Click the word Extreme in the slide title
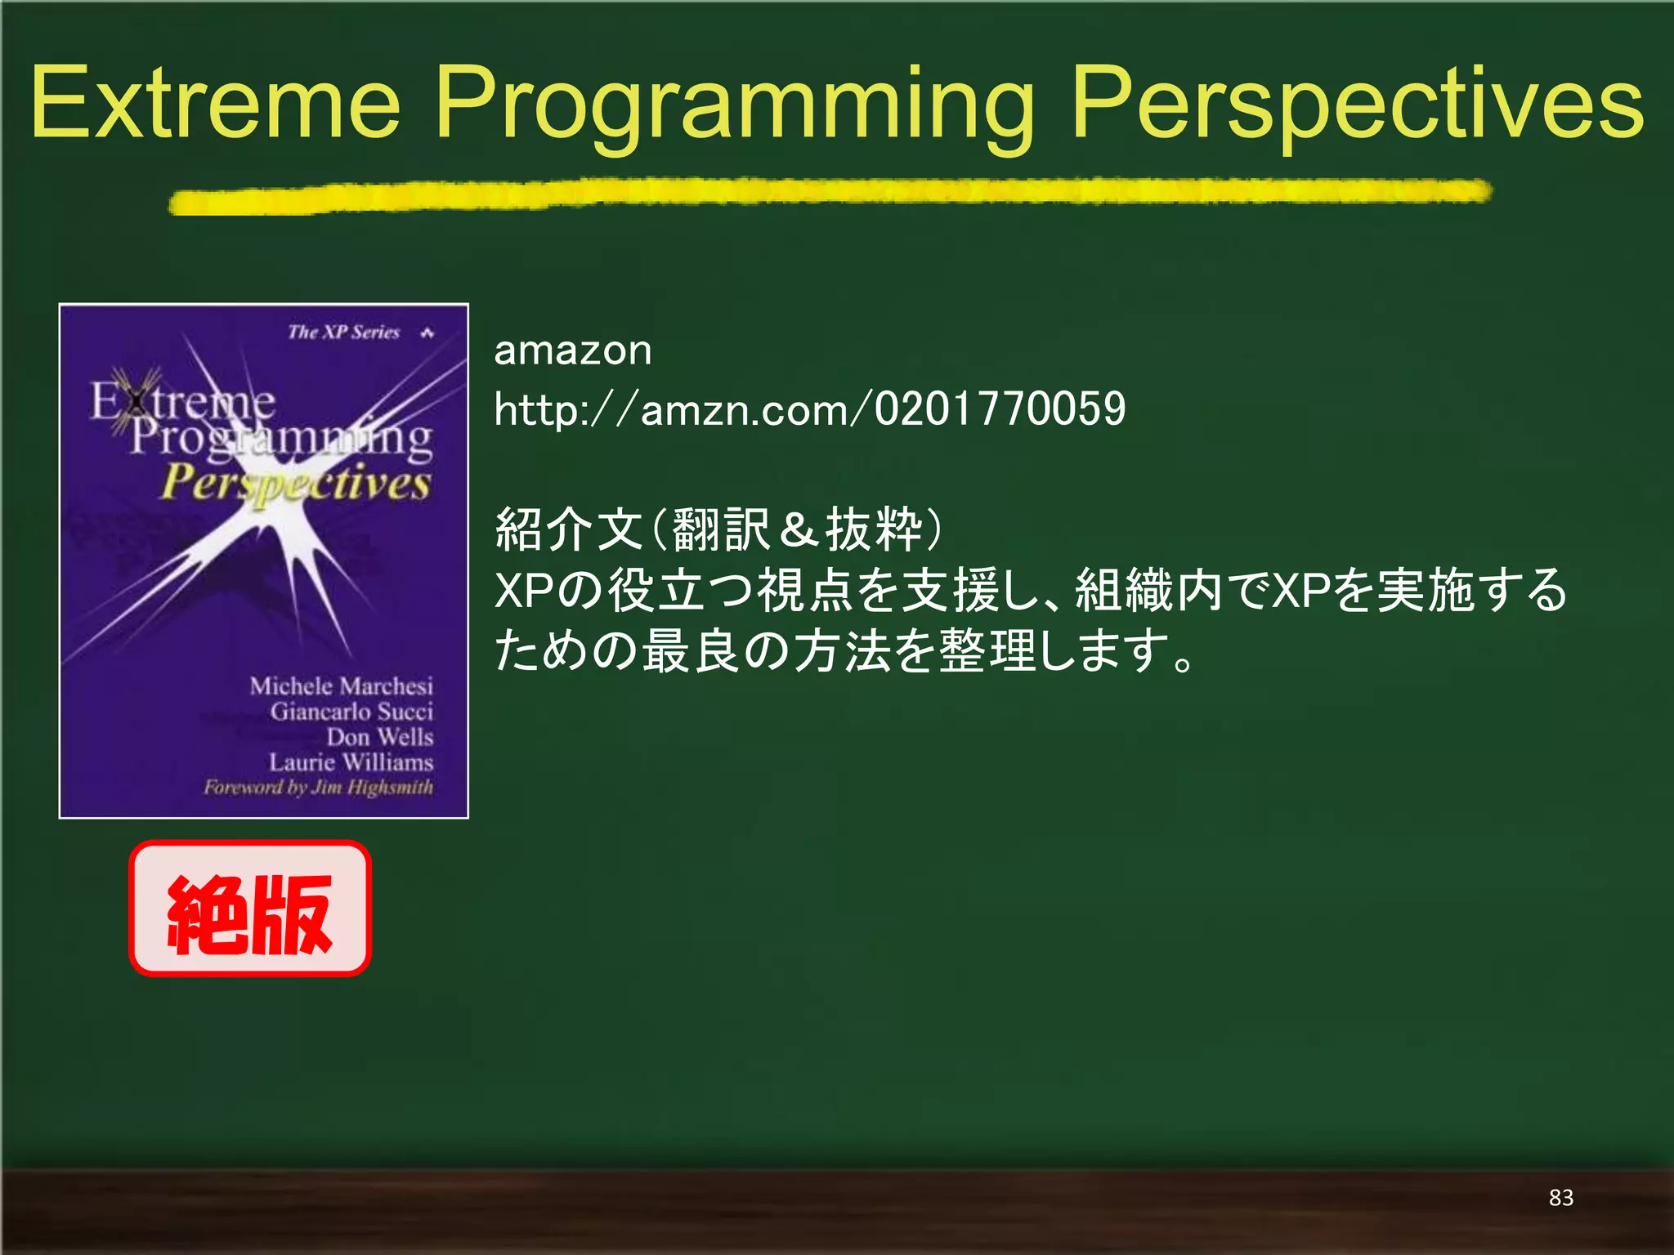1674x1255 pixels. click(215, 105)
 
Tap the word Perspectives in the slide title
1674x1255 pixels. click(1357, 105)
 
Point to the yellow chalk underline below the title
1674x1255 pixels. click(830, 195)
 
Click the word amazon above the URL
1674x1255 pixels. click(573, 351)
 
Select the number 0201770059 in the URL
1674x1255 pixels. click(1000, 409)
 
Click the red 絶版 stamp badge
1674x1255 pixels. click(250, 909)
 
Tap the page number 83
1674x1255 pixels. click(1560, 1198)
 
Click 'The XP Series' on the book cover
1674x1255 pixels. click(343, 333)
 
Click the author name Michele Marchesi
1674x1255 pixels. click(341, 686)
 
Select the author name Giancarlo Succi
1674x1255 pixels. click(351, 712)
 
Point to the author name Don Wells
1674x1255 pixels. click(379, 737)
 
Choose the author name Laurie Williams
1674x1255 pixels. click(351, 762)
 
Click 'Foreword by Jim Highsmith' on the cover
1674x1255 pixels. click(318, 788)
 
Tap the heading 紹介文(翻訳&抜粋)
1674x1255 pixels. click(719, 529)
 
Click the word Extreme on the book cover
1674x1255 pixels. click(182, 401)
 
